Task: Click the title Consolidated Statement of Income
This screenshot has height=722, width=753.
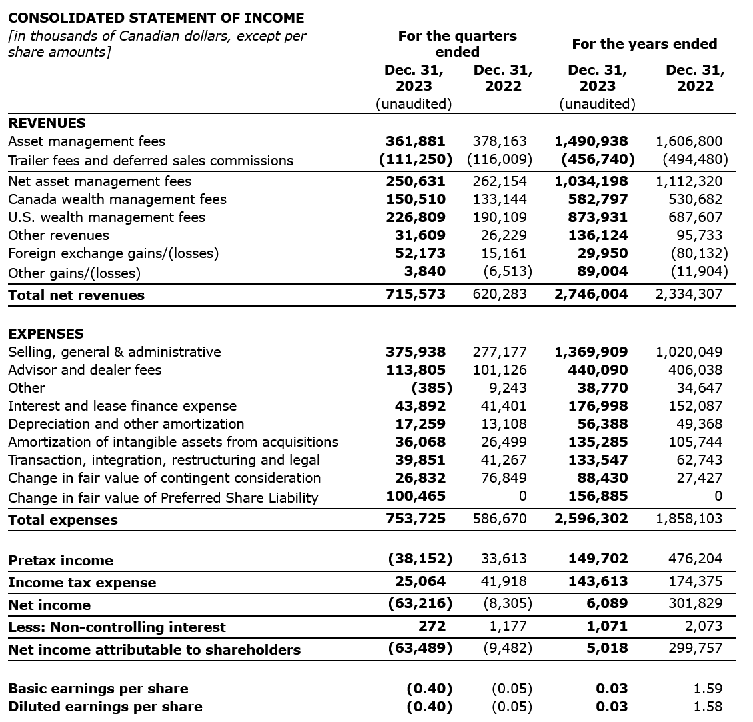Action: (x=156, y=18)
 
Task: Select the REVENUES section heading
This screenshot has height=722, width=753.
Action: (x=47, y=123)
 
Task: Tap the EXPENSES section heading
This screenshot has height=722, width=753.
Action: (x=46, y=333)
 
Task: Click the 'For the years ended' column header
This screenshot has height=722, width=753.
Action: (x=644, y=44)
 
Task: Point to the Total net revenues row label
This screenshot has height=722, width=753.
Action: (x=76, y=295)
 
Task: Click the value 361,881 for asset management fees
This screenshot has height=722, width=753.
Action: (x=415, y=141)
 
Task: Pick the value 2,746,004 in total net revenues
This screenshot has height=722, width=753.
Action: (x=591, y=295)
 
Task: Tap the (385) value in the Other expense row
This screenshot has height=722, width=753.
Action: (x=432, y=388)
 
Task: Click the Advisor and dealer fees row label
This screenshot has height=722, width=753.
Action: (x=85, y=370)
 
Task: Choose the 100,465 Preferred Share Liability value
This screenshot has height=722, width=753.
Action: (x=416, y=496)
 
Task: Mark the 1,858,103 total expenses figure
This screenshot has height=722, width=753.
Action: (x=689, y=519)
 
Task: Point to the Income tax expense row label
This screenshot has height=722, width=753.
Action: (x=82, y=583)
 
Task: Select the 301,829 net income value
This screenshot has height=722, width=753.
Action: (x=695, y=604)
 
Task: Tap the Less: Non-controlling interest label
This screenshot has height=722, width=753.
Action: (x=117, y=627)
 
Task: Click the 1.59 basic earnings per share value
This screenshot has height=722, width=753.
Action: (x=708, y=689)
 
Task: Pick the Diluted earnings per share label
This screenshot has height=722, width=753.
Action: (x=105, y=707)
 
